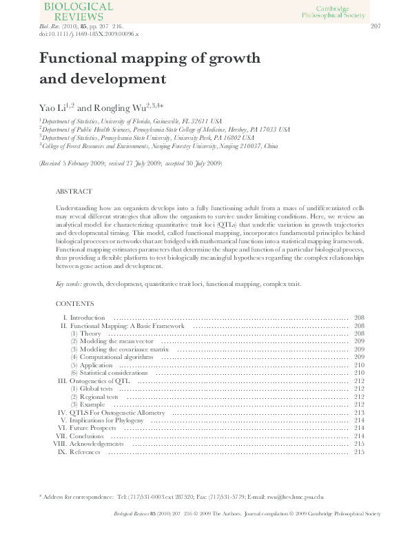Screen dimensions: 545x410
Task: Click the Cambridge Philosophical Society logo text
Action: tap(335, 10)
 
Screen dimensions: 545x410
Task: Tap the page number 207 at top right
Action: tap(376, 27)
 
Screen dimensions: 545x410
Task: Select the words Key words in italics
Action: tap(68, 284)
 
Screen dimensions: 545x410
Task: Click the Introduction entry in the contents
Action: tap(88, 317)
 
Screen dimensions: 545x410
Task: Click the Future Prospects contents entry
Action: tap(92, 428)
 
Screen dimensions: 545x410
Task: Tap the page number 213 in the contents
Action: tap(358, 412)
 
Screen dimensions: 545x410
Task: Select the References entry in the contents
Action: tap(85, 452)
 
